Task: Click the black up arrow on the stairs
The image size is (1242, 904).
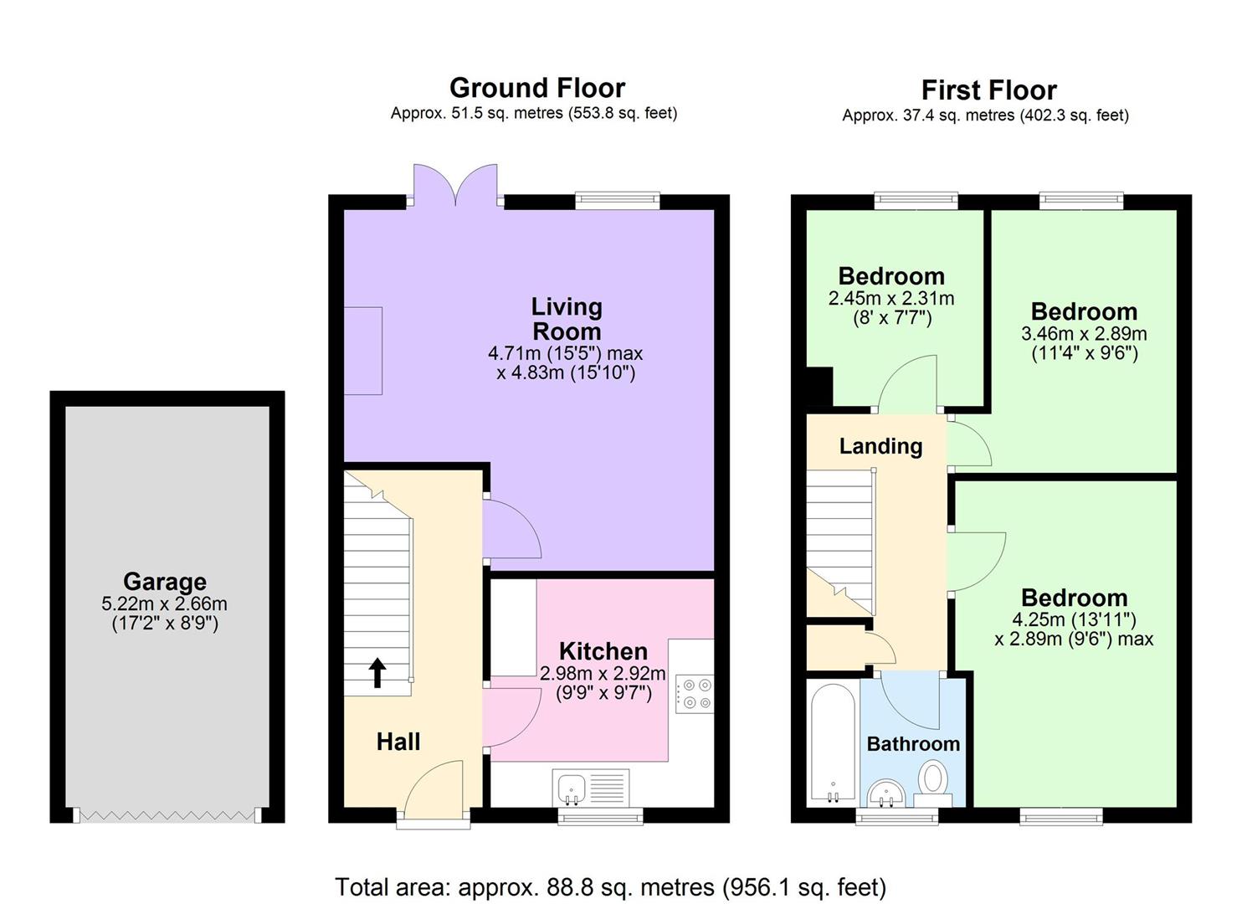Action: [x=377, y=673]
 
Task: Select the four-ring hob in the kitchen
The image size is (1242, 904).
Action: [x=695, y=694]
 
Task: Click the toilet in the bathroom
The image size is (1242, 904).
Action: [x=931, y=781]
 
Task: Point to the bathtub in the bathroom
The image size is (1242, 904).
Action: [x=832, y=743]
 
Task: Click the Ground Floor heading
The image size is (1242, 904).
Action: [x=536, y=88]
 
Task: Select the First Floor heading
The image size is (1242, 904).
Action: [x=988, y=90]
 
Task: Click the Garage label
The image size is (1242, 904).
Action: [x=165, y=581]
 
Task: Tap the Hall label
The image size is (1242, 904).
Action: [x=398, y=741]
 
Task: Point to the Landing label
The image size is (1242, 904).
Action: [x=880, y=446]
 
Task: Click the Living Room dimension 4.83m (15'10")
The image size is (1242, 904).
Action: [x=566, y=372]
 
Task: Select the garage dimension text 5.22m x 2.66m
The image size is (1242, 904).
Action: [x=165, y=604]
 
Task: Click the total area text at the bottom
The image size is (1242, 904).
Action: [x=610, y=886]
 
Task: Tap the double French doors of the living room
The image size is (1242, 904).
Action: [x=456, y=186]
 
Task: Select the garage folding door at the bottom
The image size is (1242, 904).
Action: [x=165, y=814]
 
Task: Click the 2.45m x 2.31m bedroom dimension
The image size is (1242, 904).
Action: [x=891, y=298]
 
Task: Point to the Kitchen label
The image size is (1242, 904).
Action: [x=603, y=651]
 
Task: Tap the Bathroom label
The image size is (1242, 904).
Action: [x=913, y=743]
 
